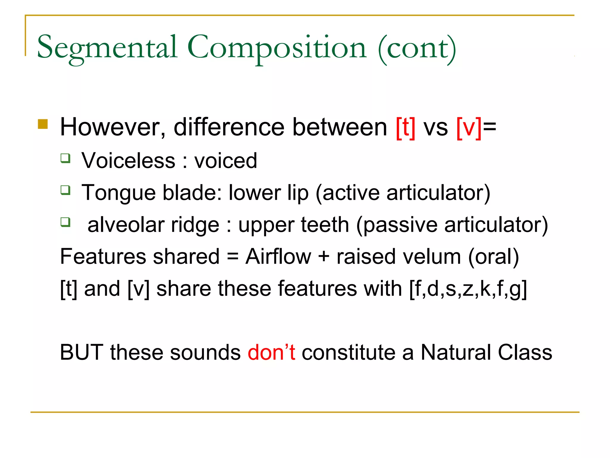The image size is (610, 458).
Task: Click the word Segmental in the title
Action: pos(107,48)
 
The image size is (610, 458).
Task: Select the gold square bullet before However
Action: pos(43,124)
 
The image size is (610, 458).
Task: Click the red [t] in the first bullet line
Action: pos(405,128)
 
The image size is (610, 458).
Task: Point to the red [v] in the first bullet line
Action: pos(469,128)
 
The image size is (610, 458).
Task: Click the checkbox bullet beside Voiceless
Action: pos(66,158)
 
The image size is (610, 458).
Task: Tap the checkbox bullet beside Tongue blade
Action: pos(66,190)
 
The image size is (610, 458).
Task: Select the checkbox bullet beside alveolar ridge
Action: pos(66,222)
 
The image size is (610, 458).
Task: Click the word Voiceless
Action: pos(128,161)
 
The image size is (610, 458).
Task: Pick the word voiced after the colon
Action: pos(225,161)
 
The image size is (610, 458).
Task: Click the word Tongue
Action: pos(119,193)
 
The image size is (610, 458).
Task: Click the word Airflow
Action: pos(278,257)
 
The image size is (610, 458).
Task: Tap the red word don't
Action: pos(271,352)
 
